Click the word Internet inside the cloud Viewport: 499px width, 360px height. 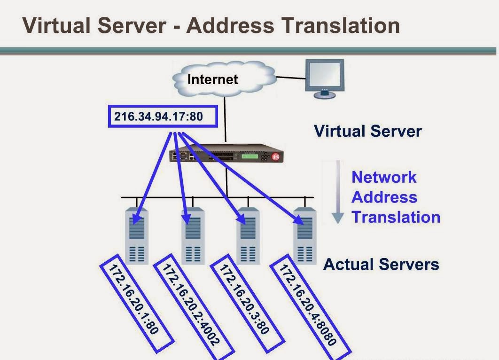pyautogui.click(x=212, y=79)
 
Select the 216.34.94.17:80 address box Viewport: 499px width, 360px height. pyautogui.click(x=163, y=116)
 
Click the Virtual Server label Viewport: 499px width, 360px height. pyautogui.click(x=367, y=131)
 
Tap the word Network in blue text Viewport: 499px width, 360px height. pyautogui.click(x=384, y=177)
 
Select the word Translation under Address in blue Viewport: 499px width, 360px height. pyautogui.click(x=396, y=217)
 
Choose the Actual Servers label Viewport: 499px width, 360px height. pyautogui.click(x=381, y=264)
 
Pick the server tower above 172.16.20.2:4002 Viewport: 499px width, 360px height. pyautogui.click(x=192, y=235)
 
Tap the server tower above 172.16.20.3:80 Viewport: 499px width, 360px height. pyautogui.click(x=248, y=235)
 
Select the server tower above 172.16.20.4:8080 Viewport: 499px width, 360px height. pyautogui.click(x=304, y=235)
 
